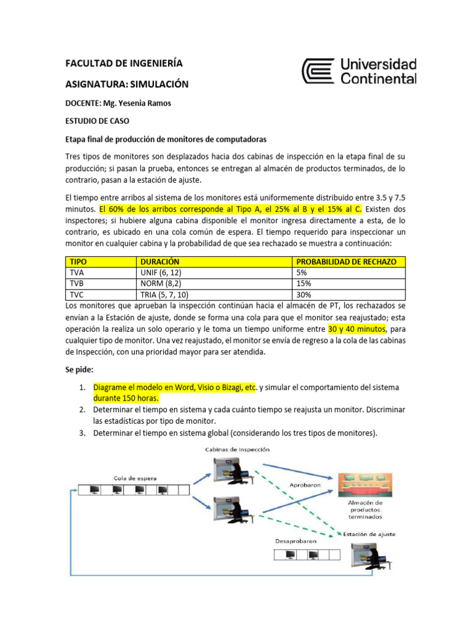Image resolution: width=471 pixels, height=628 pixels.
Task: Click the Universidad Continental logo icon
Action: click(x=319, y=71)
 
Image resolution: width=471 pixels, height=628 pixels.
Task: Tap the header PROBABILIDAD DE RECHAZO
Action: click(x=346, y=261)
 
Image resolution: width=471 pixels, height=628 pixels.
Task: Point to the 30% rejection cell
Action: click(x=304, y=294)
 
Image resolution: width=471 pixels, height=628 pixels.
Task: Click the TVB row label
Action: click(x=77, y=283)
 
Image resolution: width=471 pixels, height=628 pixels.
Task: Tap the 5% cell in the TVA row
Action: click(x=302, y=272)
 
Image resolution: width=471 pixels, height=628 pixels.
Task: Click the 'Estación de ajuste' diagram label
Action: click(x=369, y=534)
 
